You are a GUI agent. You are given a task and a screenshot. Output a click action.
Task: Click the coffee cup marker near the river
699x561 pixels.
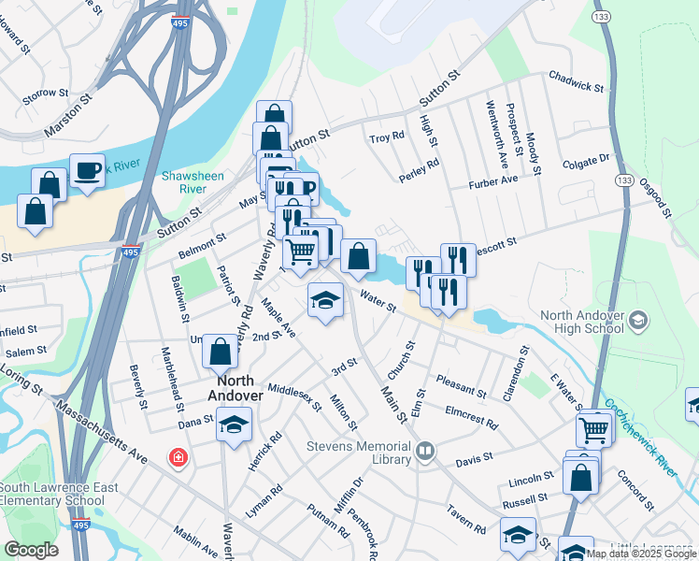coord(87,171)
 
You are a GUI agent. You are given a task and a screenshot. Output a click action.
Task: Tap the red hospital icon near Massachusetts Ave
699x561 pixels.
coord(177,458)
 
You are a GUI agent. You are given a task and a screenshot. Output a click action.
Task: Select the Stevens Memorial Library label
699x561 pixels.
coord(359,453)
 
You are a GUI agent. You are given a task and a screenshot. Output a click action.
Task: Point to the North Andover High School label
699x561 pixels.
coord(579,321)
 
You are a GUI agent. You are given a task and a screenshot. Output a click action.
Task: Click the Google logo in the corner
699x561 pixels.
coord(32,550)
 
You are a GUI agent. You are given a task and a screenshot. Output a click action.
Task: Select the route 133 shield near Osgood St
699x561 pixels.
coord(624,180)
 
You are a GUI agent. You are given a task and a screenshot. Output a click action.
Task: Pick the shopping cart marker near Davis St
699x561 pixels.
coord(595,430)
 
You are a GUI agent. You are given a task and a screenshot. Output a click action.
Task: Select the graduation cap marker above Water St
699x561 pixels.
coord(325,300)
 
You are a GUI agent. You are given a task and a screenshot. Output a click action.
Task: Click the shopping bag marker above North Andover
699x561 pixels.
coord(220,352)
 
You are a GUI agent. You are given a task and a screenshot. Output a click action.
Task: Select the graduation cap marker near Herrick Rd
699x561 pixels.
coord(234,425)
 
